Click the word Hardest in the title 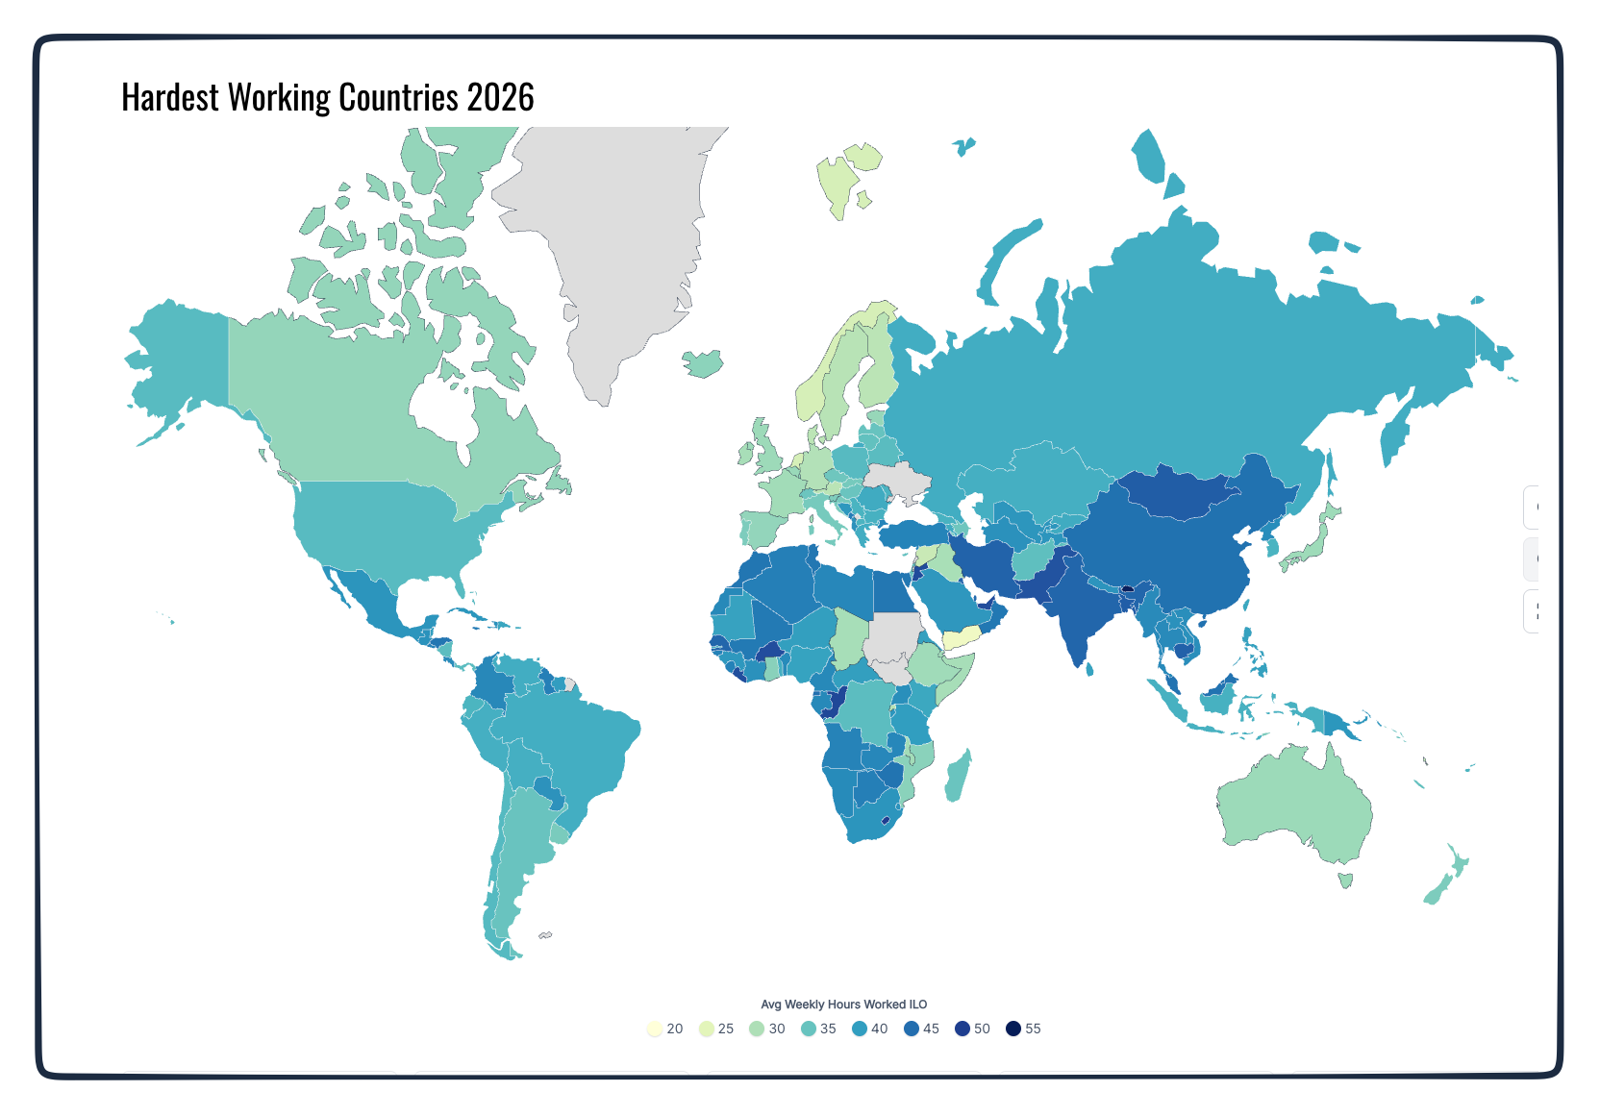click(170, 98)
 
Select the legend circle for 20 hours click(655, 1029)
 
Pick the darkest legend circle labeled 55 click(1013, 1029)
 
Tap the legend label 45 click(931, 1029)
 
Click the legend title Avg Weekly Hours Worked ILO click(843, 1004)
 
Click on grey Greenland click(615, 240)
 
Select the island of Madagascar click(957, 777)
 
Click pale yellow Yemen click(960, 638)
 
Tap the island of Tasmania click(1345, 880)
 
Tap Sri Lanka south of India click(1089, 669)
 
